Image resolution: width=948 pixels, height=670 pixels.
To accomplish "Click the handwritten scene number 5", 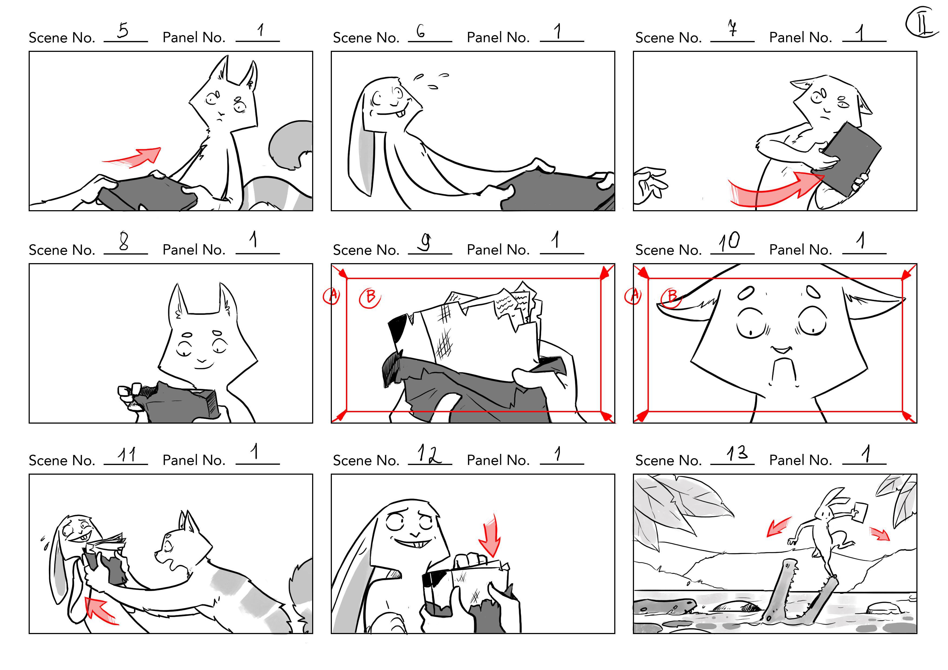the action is (x=123, y=30).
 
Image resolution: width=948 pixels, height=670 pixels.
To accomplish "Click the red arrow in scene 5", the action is (x=132, y=158).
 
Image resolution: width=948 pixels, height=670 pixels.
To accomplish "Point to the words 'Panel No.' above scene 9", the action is (x=498, y=249).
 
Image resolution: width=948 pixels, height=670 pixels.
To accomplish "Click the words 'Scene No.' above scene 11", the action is (x=62, y=460).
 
